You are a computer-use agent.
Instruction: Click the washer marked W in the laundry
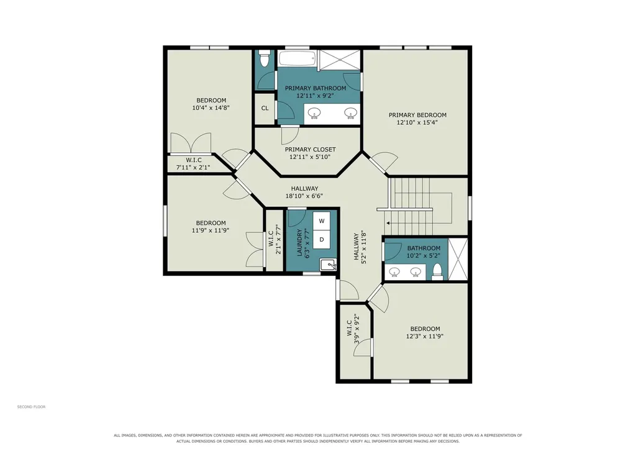[322, 220]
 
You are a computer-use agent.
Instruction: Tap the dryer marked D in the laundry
[322, 239]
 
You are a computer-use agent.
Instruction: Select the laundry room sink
[328, 265]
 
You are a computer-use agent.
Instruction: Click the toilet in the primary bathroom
[265, 58]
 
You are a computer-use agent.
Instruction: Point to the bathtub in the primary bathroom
[298, 59]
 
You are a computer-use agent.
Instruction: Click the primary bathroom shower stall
[340, 60]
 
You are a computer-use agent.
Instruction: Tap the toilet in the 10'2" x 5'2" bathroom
[437, 272]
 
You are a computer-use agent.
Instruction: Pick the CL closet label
[265, 108]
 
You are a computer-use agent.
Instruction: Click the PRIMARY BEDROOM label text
[417, 115]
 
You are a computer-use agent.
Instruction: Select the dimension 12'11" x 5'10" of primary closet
[310, 156]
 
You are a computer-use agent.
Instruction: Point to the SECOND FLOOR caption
[31, 407]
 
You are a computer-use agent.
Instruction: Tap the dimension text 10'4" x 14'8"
[211, 108]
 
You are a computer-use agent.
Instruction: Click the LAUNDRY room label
[300, 243]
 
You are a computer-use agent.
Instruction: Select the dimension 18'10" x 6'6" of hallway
[304, 196]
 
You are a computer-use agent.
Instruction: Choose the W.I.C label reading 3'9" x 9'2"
[353, 329]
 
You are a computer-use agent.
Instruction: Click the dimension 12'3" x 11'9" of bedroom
[425, 336]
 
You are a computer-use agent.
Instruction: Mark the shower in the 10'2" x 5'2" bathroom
[458, 260]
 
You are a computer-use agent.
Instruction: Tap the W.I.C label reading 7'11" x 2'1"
[194, 163]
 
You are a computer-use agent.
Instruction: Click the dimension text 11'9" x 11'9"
[211, 230]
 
